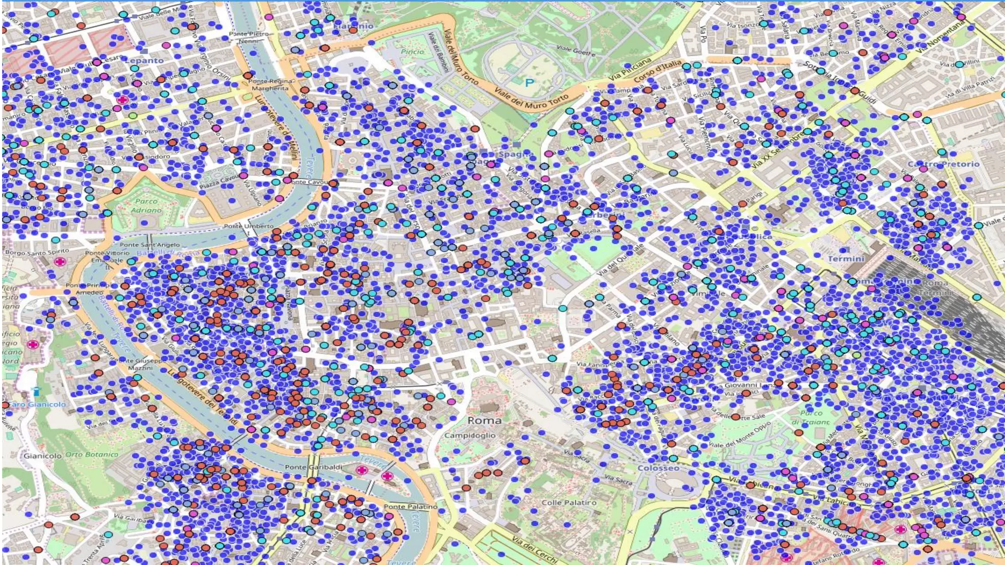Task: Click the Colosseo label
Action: [x=658, y=468]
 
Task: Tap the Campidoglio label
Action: [x=470, y=435]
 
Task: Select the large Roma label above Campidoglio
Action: [x=484, y=420]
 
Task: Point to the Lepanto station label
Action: [x=144, y=60]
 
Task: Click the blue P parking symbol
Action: [x=529, y=82]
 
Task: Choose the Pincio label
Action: [x=412, y=51]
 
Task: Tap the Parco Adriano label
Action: [x=146, y=205]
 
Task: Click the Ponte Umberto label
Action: [x=249, y=226]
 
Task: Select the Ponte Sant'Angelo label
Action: [x=150, y=244]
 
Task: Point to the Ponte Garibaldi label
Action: [x=314, y=467]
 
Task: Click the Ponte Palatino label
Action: [x=410, y=506]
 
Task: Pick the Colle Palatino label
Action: [x=569, y=502]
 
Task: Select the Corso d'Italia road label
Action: [x=657, y=71]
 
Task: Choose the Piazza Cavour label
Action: [x=218, y=182]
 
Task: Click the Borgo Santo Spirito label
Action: [x=37, y=253]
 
